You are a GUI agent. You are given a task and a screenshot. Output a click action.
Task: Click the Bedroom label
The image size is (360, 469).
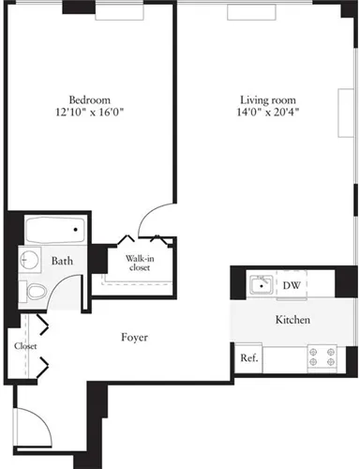coord(90,100)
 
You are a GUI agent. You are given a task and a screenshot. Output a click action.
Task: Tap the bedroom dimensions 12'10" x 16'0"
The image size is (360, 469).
coord(90,113)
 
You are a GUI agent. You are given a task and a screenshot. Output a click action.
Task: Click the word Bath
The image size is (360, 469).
coord(63,262)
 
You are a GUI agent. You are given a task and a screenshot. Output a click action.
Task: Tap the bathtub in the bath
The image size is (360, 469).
coord(53,230)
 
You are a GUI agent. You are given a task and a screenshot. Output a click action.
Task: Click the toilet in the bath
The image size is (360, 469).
coord(34,292)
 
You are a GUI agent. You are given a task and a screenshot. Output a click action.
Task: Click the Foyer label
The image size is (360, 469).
coord(135,337)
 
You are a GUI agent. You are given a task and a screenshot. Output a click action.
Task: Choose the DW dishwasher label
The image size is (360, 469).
coord(291,285)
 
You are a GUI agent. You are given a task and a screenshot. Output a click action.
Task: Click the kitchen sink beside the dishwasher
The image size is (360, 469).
coord(262,284)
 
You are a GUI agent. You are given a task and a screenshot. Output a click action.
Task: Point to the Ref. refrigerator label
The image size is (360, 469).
coord(248,357)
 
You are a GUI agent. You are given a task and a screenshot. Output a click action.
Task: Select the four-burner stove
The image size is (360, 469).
coord(321,356)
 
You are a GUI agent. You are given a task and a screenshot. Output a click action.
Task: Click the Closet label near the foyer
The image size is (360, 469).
coord(24,346)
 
